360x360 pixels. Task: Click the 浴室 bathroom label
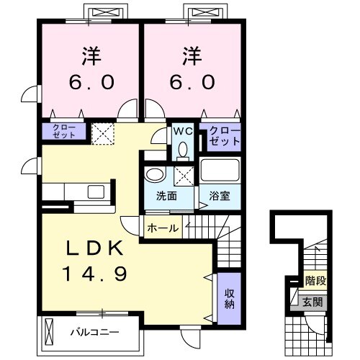tap(220, 197)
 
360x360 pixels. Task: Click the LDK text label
tap(94, 248)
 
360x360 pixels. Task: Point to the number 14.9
tap(94, 274)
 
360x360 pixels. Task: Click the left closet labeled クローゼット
tap(63, 131)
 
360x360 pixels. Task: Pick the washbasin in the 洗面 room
tap(153, 176)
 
